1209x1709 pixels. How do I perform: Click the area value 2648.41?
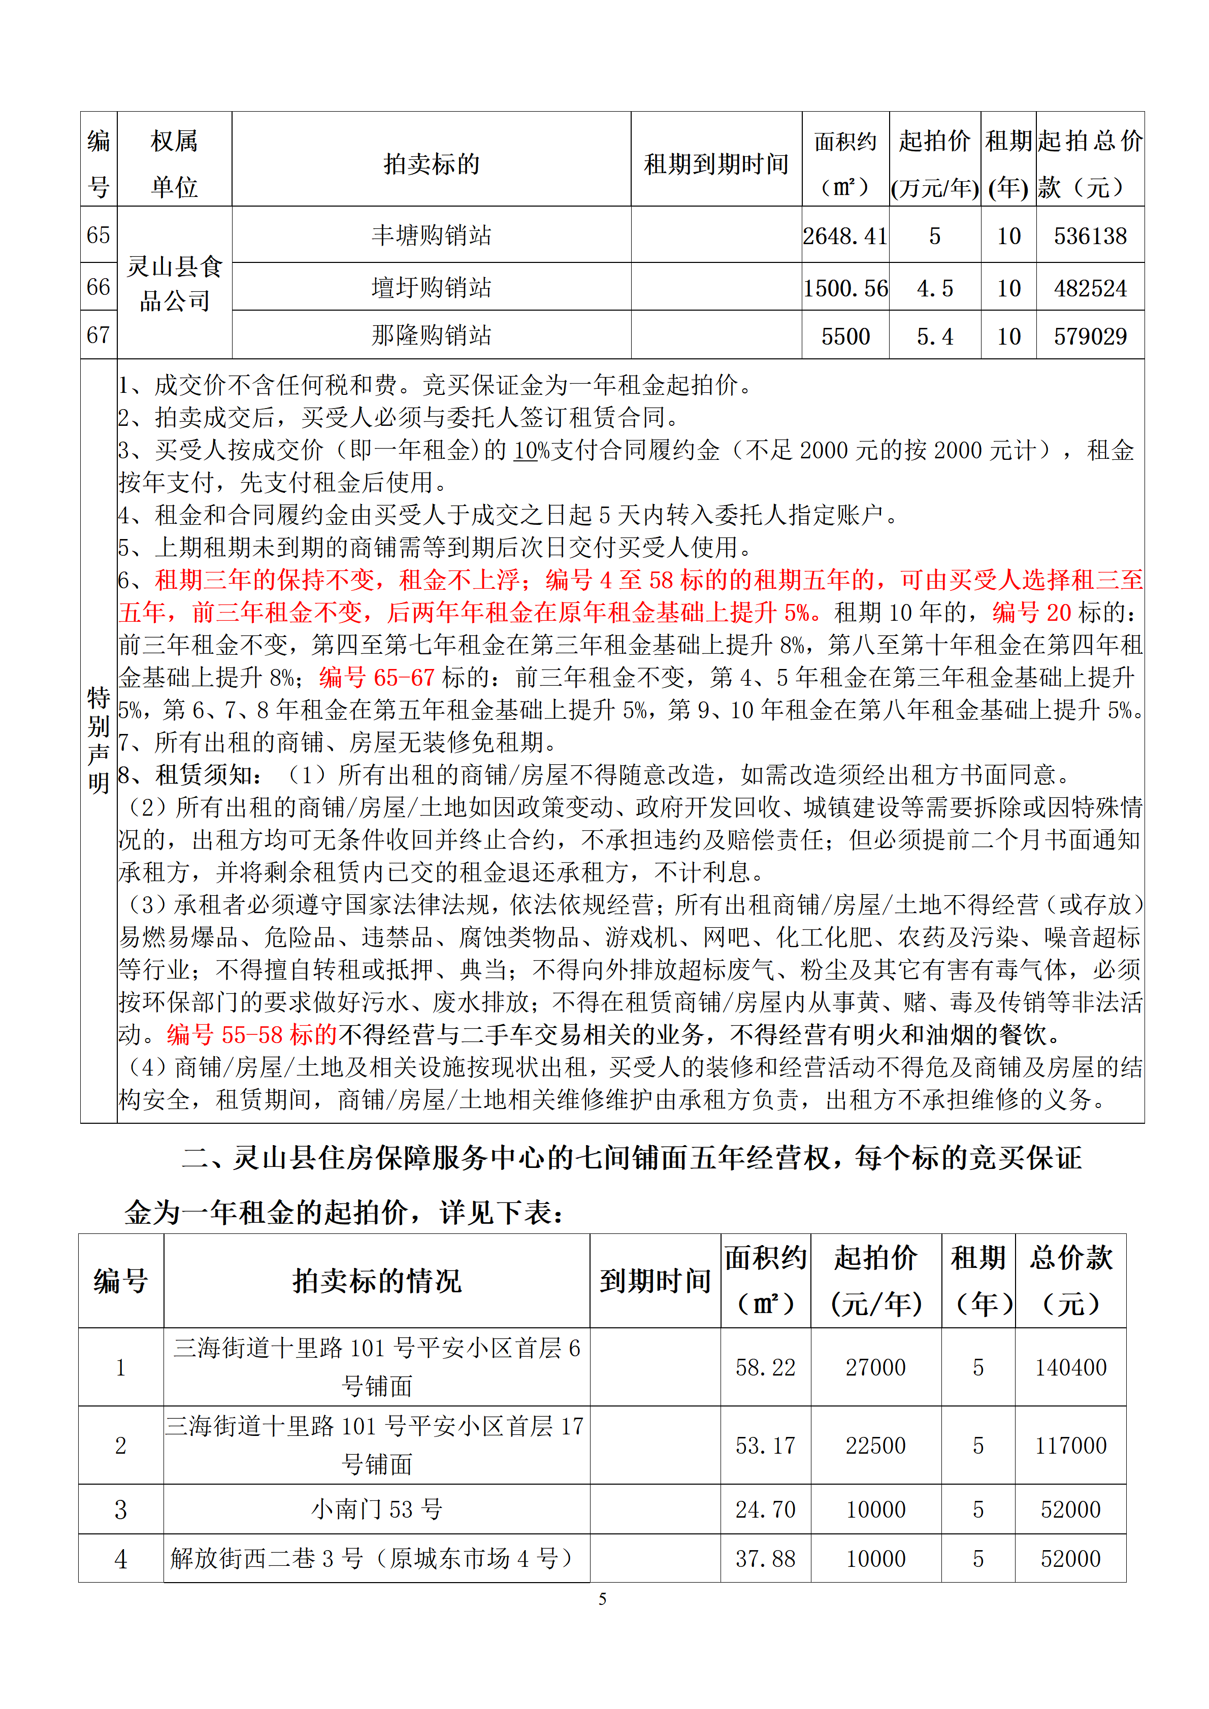(845, 236)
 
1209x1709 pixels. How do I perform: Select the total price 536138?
(1090, 236)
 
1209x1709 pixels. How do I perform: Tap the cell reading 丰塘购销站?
(431, 235)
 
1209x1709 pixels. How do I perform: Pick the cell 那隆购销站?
(431, 336)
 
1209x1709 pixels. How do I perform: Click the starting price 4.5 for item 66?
(934, 288)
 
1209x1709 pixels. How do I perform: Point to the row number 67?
(99, 335)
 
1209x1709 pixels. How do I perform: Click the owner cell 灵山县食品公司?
(174, 284)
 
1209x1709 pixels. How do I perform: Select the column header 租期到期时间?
(715, 164)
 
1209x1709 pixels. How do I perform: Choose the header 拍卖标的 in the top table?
(431, 164)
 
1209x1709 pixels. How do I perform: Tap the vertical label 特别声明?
(99, 740)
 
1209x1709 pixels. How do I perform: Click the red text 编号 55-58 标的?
(252, 1034)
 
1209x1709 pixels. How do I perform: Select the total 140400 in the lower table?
(1070, 1367)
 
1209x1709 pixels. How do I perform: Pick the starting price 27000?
(875, 1367)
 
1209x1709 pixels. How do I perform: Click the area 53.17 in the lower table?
(765, 1446)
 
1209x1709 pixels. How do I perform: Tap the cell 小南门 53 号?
(377, 1510)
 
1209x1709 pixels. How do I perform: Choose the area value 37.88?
(765, 1559)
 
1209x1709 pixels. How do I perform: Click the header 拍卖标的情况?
(377, 1281)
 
